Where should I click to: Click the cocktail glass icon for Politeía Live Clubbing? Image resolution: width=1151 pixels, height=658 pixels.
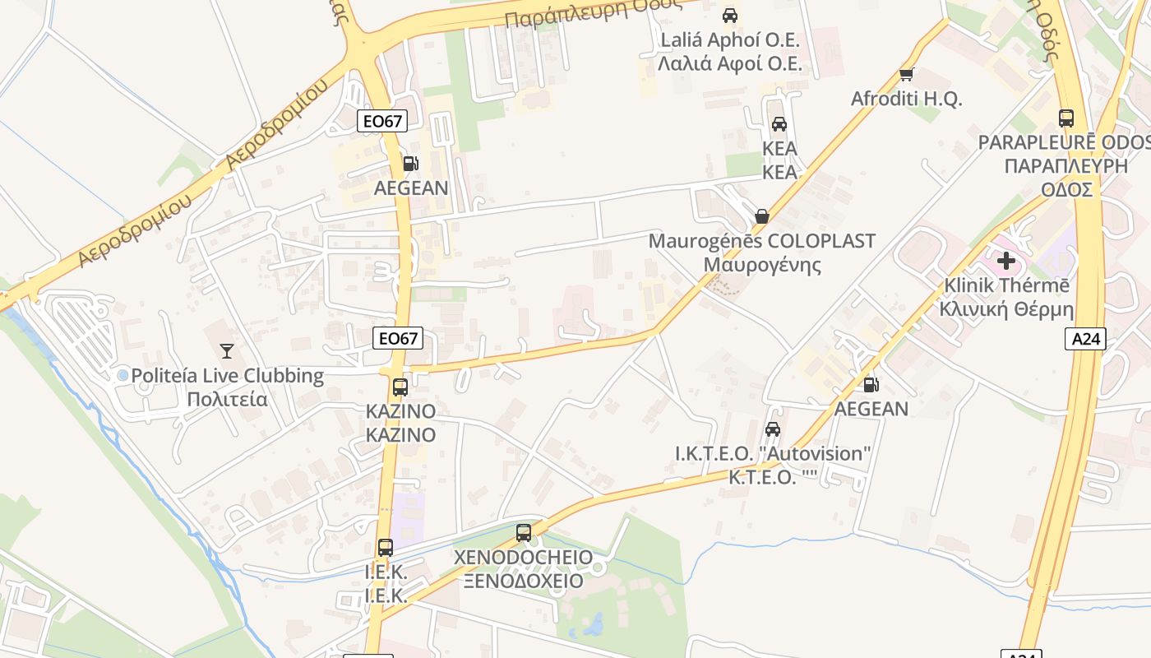tap(228, 351)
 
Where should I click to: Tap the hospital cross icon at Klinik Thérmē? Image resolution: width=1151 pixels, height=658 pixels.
tap(1005, 262)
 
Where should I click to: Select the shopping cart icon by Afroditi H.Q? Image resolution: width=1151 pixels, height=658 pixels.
tap(907, 75)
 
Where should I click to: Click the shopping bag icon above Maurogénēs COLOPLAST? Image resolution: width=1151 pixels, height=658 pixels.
tap(762, 216)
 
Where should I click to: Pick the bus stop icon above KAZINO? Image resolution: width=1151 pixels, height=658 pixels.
tap(400, 387)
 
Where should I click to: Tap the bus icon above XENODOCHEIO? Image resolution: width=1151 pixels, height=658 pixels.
tap(524, 533)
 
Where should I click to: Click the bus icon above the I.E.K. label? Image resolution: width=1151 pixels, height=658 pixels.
tap(385, 547)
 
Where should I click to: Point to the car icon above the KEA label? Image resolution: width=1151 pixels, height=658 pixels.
tap(779, 124)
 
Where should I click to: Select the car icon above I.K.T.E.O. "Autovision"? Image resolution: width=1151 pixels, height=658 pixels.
tap(772, 429)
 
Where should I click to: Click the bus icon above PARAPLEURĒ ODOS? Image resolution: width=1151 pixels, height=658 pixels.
tap(1066, 118)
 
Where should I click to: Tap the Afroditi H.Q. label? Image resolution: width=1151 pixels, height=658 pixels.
tap(906, 99)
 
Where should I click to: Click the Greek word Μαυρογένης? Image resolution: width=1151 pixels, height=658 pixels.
tap(762, 265)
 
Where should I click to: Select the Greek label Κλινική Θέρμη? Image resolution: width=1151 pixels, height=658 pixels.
tap(1007, 309)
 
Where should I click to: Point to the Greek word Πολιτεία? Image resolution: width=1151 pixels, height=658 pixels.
tap(228, 400)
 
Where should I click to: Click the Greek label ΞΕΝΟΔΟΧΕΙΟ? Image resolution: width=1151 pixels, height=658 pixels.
tap(523, 581)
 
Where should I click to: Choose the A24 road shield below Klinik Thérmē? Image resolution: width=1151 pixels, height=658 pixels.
tap(1085, 338)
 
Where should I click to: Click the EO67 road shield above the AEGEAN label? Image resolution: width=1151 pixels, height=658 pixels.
tap(383, 121)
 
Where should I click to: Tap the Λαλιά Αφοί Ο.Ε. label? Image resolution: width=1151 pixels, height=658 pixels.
tap(729, 63)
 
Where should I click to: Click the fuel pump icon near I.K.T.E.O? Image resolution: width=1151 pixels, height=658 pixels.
tap(871, 384)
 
